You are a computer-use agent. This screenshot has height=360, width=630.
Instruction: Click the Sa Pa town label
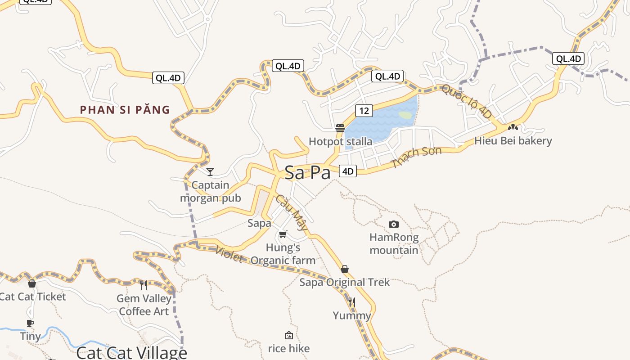click(307, 173)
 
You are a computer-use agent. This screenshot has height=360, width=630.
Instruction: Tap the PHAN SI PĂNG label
click(125, 109)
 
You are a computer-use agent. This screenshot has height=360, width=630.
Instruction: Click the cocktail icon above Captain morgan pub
click(210, 171)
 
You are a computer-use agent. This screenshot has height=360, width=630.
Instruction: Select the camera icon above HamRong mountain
click(393, 224)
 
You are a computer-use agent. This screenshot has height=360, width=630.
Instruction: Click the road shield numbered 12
click(364, 110)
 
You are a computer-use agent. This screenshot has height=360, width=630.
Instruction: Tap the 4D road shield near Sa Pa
click(348, 171)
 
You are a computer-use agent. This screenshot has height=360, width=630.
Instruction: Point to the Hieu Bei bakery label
click(513, 141)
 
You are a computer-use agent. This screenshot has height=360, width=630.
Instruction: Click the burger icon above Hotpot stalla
click(340, 128)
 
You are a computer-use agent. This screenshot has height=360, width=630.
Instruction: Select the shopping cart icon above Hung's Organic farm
click(283, 234)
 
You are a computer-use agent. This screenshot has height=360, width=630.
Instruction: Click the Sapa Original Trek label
click(345, 282)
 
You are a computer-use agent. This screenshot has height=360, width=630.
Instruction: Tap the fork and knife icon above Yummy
click(352, 302)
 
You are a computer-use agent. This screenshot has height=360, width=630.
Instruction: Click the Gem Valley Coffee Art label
click(144, 305)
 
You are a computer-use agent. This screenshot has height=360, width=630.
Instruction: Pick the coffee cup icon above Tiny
click(30, 323)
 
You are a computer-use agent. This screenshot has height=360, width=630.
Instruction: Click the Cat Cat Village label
click(131, 352)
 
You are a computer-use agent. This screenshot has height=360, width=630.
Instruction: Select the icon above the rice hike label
click(289, 335)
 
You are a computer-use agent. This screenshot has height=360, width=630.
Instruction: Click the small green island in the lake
click(405, 115)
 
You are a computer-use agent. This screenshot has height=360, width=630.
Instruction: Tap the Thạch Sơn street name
click(416, 157)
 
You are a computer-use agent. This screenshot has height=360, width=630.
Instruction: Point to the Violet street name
click(229, 254)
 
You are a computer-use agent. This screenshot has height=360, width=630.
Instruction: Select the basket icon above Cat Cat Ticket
click(32, 283)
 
